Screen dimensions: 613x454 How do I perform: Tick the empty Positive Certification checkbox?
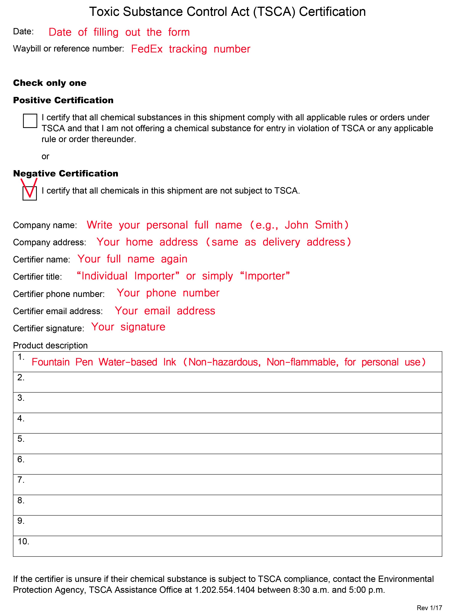(30, 121)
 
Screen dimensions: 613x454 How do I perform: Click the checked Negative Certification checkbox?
(30, 193)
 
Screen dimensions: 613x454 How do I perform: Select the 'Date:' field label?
(23, 32)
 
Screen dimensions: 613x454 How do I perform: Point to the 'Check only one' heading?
(50, 83)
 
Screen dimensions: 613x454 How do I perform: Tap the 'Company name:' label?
(45, 225)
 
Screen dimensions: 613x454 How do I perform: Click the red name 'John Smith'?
(314, 225)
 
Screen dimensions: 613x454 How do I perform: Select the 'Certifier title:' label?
(38, 277)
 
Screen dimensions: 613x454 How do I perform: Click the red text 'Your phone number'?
(168, 293)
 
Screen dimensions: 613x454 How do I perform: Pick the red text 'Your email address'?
(165, 311)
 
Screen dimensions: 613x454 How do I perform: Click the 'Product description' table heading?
(50, 345)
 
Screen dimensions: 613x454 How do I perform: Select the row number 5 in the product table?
(21, 439)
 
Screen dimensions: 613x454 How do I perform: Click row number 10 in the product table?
(23, 541)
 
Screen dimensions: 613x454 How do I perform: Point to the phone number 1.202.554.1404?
(225, 590)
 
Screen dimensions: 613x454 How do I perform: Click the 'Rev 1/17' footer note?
(429, 608)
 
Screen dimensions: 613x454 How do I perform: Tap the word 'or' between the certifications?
(45, 157)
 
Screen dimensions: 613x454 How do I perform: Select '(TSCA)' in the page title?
(274, 12)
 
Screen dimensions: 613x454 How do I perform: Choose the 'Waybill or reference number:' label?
(68, 49)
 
